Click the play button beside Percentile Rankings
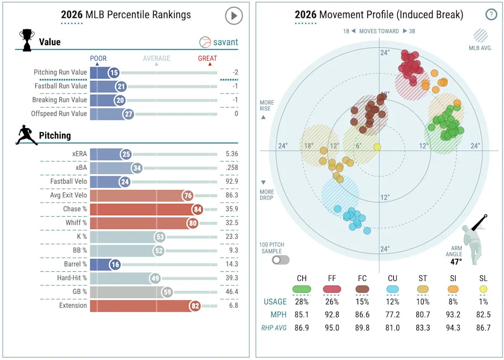pos(234,16)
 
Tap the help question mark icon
pos(491,15)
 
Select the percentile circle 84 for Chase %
pos(196,209)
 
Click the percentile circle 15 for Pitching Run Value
pos(114,73)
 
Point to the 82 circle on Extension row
pos(195,305)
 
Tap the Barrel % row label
pos(72,264)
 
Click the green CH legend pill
pos(302,289)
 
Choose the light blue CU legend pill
pos(393,289)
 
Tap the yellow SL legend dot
pos(484,289)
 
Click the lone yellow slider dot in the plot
pos(377,147)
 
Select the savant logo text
pos(225,42)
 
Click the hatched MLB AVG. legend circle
pos(480,35)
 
